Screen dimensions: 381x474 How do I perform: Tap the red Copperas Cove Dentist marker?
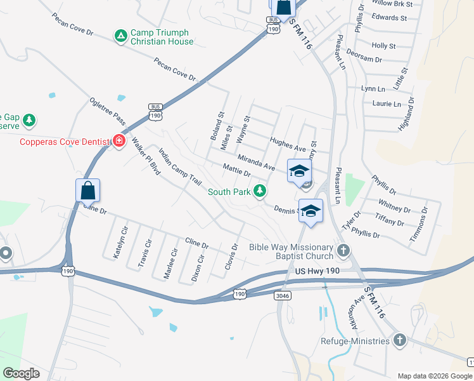[x=118, y=141]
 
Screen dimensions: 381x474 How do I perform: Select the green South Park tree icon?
[x=259, y=190]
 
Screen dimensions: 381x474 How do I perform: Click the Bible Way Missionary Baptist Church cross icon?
[x=344, y=251]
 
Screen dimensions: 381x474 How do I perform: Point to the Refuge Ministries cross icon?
[x=399, y=341]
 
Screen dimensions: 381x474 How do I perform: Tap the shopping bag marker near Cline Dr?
[x=87, y=190]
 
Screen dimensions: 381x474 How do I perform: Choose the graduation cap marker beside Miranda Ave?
[x=299, y=170]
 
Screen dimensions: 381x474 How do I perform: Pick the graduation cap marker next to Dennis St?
[x=311, y=211]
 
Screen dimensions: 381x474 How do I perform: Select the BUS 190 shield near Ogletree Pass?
[x=156, y=112]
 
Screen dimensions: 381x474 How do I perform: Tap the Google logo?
[x=21, y=373]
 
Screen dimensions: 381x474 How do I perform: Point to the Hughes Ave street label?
[x=288, y=145]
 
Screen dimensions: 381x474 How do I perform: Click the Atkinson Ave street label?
[x=352, y=312]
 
